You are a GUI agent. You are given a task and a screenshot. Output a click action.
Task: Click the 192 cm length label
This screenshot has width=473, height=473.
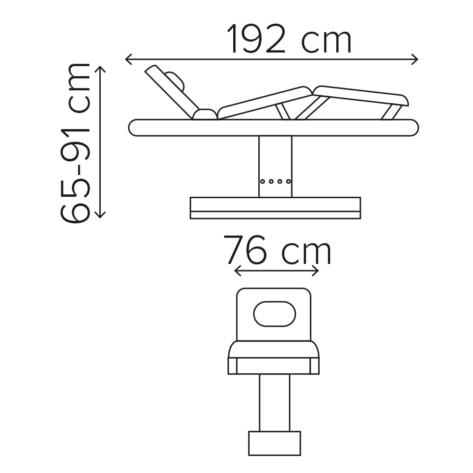pyautogui.click(x=289, y=39)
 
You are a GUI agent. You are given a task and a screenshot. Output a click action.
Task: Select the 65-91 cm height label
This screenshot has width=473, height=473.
pyautogui.click(x=75, y=143)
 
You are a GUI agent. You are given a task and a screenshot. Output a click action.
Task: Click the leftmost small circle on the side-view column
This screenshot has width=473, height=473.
pyautogui.click(x=263, y=181)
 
